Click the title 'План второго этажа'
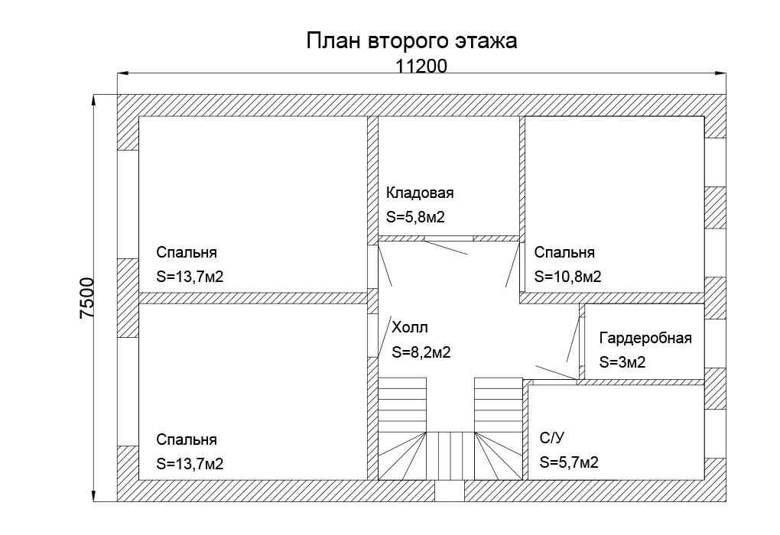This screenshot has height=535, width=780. coord(411,41)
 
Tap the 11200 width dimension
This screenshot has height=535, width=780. coord(421,66)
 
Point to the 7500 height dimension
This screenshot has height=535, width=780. coord(86,298)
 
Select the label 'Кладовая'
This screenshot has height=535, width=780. coord(420,193)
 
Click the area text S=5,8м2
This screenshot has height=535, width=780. coord(415,217)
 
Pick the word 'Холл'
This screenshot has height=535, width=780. coord(409,328)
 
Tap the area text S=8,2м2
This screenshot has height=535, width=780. coord(421,352)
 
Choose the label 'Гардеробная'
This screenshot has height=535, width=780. coord(645,338)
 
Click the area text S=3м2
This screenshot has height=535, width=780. coord(622,362)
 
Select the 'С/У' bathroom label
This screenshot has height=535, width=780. coord(551,438)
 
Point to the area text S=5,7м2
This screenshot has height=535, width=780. coord(569,462)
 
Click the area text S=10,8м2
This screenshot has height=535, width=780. coord(567,277)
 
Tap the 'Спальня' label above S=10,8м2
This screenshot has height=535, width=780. coord(564,252)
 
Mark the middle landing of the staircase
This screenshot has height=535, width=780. coord(450,456)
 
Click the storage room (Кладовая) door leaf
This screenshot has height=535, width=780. coord(446,248)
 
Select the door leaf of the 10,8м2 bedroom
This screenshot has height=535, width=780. coord(512,264)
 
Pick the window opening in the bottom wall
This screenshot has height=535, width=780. coord(450,491)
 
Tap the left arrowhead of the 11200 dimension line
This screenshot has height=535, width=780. coord(123,73)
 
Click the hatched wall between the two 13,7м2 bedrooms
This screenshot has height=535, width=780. coord(252,298)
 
